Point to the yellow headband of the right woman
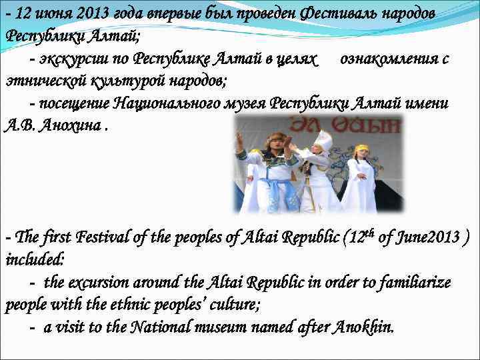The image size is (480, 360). (361, 149)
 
